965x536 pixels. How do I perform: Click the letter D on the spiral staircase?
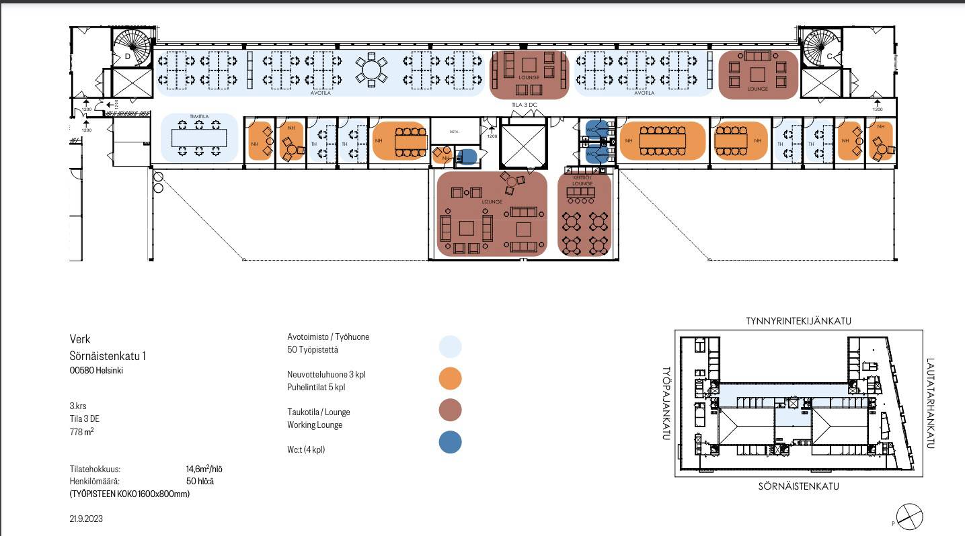[x=128, y=56]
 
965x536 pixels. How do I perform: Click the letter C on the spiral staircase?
[x=829, y=56]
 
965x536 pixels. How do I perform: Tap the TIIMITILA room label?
[x=199, y=117]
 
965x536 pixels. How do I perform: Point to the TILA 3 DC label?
[x=524, y=105]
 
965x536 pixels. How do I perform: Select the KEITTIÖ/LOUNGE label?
[x=582, y=180]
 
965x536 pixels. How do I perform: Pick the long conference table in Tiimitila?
[x=199, y=138]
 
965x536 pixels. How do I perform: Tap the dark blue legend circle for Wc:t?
[x=450, y=442]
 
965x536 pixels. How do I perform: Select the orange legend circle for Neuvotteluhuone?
[x=450, y=379]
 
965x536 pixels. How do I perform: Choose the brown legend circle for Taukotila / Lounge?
[x=450, y=410]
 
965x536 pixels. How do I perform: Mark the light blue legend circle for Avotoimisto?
[x=450, y=347]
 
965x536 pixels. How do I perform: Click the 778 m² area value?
[x=81, y=432]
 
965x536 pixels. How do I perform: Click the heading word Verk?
[x=79, y=339]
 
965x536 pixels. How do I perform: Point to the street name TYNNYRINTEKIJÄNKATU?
[x=798, y=321]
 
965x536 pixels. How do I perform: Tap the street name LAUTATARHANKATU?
[x=931, y=403]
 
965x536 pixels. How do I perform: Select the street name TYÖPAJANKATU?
[x=667, y=403]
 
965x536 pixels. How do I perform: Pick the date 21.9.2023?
[x=86, y=519]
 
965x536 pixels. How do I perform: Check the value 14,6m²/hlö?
[x=204, y=469]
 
